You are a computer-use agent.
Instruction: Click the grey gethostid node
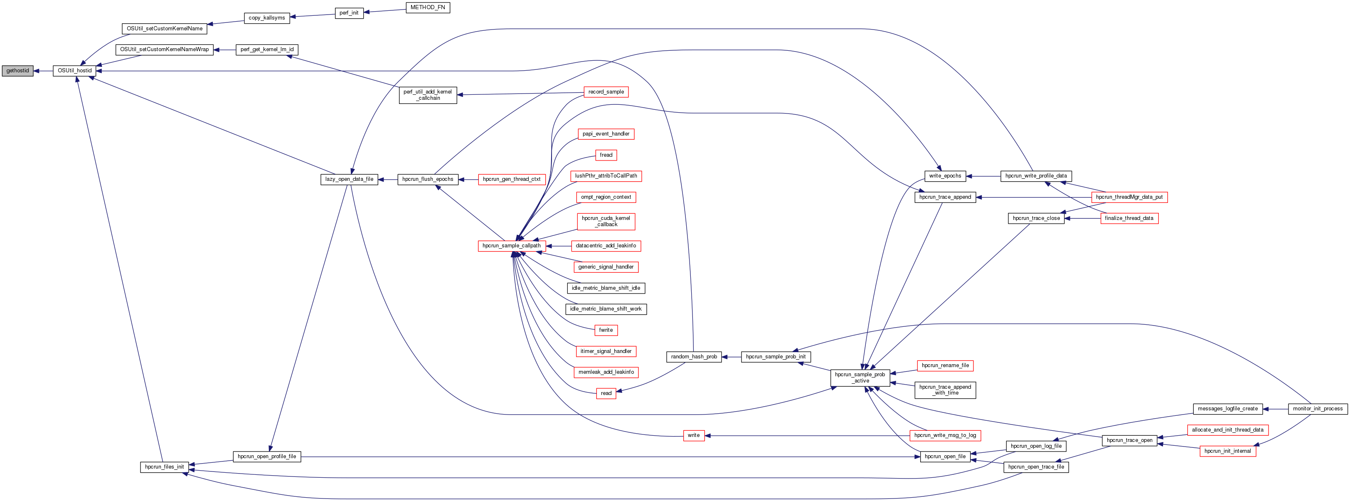[17, 71]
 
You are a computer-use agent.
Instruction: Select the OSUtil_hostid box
[74, 71]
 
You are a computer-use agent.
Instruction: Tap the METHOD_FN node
[428, 7]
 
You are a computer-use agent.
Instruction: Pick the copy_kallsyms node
[267, 18]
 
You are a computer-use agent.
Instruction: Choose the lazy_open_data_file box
[349, 179]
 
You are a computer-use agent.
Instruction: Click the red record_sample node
[606, 92]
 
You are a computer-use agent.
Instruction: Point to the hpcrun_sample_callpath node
[512, 246]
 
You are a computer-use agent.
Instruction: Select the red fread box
[606, 155]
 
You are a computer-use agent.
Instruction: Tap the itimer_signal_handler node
[606, 351]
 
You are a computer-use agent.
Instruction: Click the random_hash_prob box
[694, 357]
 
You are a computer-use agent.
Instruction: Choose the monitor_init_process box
[1318, 409]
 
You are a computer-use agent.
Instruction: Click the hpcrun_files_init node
[165, 467]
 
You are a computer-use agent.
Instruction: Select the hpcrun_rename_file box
[945, 366]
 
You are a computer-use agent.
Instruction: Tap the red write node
[693, 435]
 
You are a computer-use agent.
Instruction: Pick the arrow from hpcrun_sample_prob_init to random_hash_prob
[731, 357]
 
